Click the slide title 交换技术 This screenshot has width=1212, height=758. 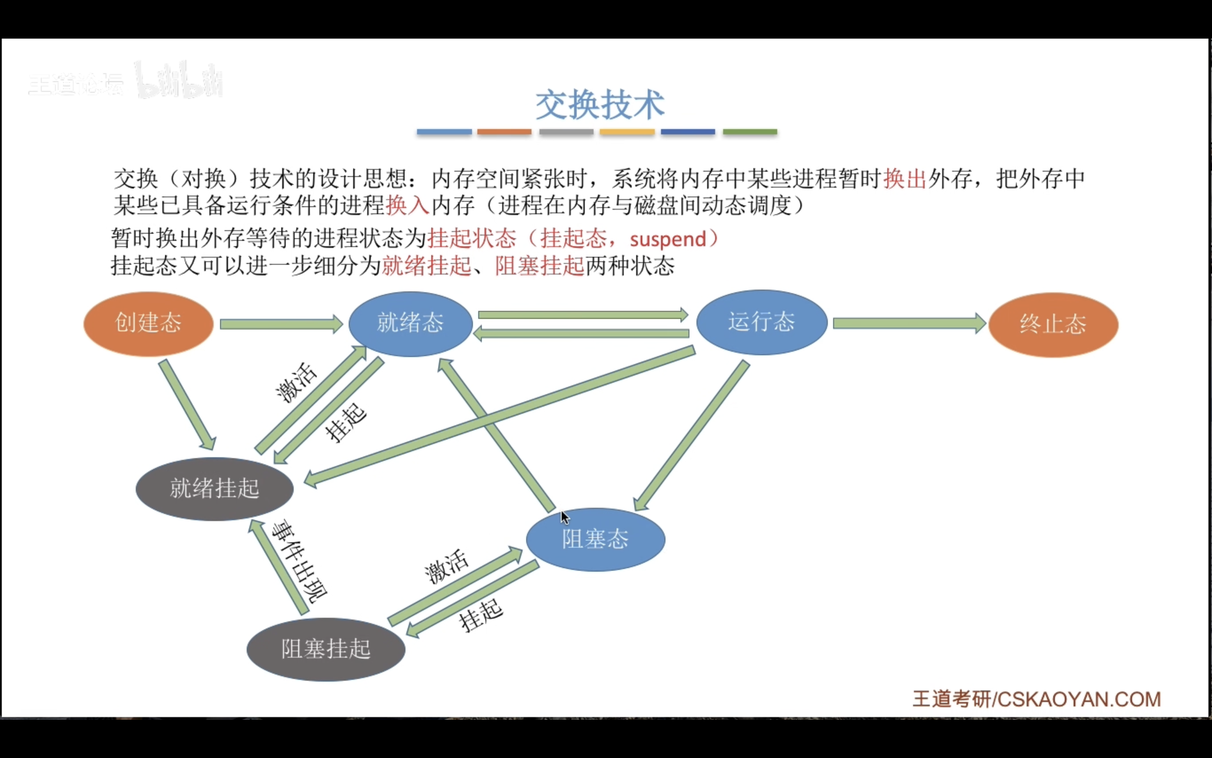(x=600, y=105)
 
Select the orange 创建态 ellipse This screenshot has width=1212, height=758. (x=148, y=323)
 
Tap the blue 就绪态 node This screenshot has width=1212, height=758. (x=410, y=323)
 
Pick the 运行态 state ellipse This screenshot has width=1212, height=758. (x=761, y=322)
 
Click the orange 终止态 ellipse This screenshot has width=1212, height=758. (x=1053, y=324)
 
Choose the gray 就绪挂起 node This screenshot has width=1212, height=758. (x=215, y=489)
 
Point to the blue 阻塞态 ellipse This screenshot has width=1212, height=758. (x=595, y=540)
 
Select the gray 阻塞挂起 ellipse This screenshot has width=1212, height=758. (x=326, y=649)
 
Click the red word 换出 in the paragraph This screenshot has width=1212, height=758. (x=905, y=179)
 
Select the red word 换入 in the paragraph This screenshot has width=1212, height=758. (x=408, y=205)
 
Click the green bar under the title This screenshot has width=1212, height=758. (x=750, y=132)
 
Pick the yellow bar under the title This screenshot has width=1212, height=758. (x=627, y=132)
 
